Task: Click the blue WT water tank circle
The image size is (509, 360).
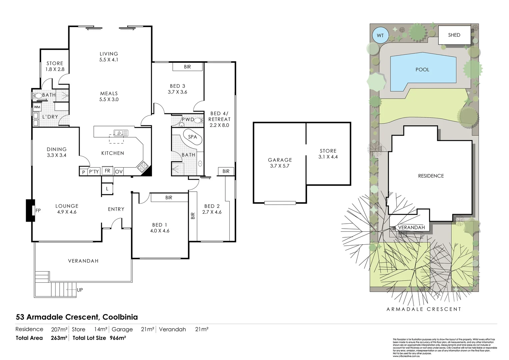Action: point(380,35)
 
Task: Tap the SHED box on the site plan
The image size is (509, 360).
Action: point(454,35)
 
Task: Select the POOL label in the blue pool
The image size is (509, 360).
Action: point(422,70)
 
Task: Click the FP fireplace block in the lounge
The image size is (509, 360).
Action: point(31,210)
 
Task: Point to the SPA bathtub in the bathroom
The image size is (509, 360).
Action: point(192,137)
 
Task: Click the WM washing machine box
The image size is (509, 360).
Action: point(37,107)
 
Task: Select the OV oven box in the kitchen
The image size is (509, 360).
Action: point(119,172)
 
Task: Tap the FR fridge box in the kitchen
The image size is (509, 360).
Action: point(107,171)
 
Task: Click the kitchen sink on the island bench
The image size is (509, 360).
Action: point(120,133)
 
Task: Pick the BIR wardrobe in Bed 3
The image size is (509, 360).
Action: point(187,67)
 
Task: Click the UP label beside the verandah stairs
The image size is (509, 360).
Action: point(80,290)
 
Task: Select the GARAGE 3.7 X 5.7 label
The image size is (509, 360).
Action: point(280,163)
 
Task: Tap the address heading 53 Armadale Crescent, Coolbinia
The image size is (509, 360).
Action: point(77,317)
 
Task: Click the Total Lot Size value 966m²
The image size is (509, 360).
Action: point(118,338)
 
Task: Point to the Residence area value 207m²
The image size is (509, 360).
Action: point(59,329)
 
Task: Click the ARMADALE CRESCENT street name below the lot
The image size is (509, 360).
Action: point(424,309)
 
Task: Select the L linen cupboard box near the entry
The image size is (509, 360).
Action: point(107,189)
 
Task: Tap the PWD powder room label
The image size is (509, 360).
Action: point(188,119)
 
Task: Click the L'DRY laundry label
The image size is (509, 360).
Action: point(50,117)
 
